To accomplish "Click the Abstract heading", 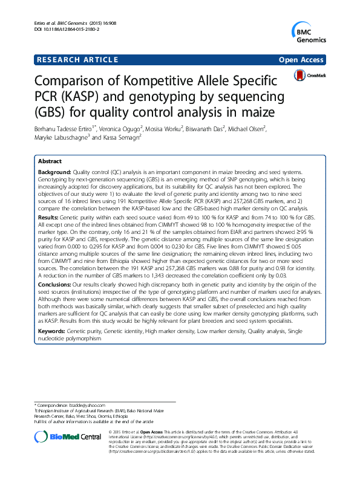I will click(x=50, y=162).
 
